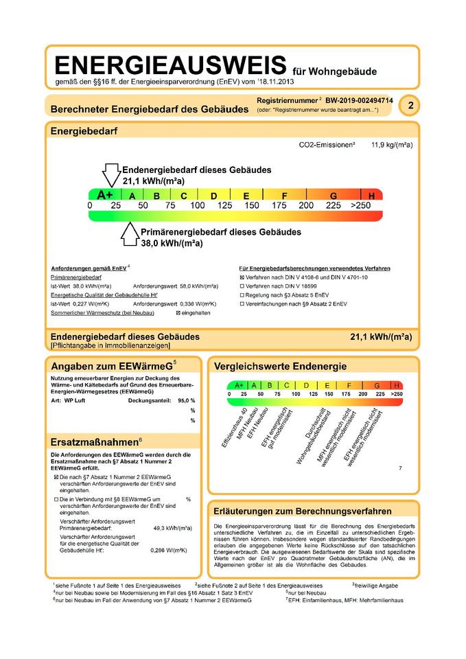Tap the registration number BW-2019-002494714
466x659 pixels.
point(358,100)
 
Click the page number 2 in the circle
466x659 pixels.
point(410,106)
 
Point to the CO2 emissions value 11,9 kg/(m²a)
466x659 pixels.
point(392,146)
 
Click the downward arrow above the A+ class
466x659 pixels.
point(110,175)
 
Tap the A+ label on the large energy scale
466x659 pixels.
point(105,195)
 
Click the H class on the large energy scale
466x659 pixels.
point(372,196)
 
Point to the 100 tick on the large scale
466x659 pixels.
point(198,205)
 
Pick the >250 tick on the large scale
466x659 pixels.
point(360,205)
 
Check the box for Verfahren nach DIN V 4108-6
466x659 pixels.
point(242,277)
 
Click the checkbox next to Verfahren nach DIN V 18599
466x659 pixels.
point(242,286)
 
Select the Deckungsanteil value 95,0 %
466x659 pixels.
point(183,400)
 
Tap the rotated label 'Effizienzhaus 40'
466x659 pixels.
point(233,429)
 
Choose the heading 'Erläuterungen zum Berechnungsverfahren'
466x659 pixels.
point(303,511)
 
